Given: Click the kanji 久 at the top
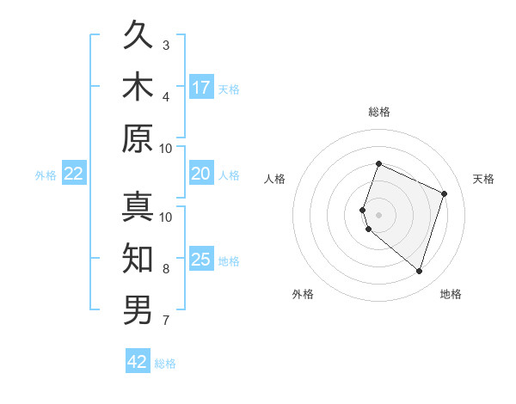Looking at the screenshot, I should click(138, 37).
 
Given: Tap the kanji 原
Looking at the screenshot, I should click(138, 138).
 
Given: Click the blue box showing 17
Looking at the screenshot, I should click(201, 88).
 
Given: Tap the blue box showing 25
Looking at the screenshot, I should click(201, 260).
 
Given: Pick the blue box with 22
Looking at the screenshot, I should click(74, 174).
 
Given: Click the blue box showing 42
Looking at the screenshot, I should click(138, 362).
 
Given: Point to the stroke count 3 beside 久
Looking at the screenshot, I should click(166, 45).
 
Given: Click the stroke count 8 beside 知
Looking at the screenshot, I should click(166, 269).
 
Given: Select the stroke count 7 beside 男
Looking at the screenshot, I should click(166, 321).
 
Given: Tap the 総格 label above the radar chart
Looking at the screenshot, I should click(378, 113).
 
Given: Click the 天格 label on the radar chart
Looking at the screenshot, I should click(483, 179).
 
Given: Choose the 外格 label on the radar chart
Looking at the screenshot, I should click(303, 294).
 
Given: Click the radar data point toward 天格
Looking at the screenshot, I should click(445, 193).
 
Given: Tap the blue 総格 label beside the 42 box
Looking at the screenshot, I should click(165, 364).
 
